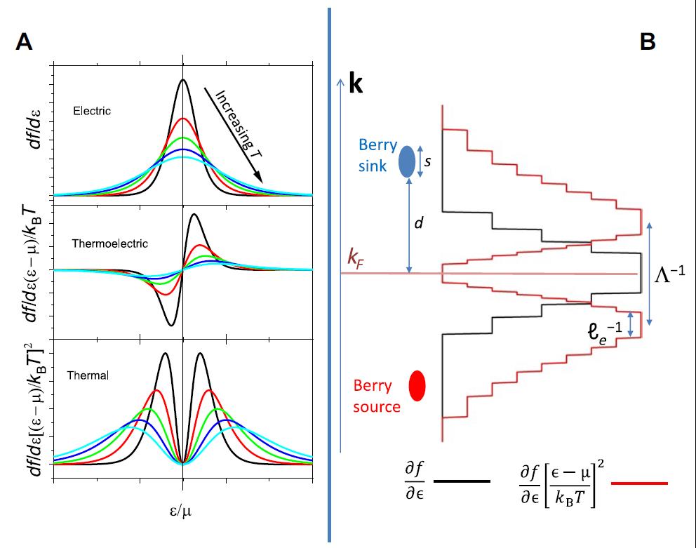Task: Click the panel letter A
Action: pyautogui.click(x=24, y=42)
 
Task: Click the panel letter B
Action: pyautogui.click(x=648, y=42)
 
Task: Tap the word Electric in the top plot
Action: pyautogui.click(x=92, y=111)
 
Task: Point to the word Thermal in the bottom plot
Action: pyautogui.click(x=88, y=375)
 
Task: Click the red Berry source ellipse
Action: pyautogui.click(x=417, y=385)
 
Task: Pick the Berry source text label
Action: pyautogui.click(x=377, y=396)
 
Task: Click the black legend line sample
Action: pyautogui.click(x=462, y=482)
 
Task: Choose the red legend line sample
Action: pyautogui.click(x=639, y=483)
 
